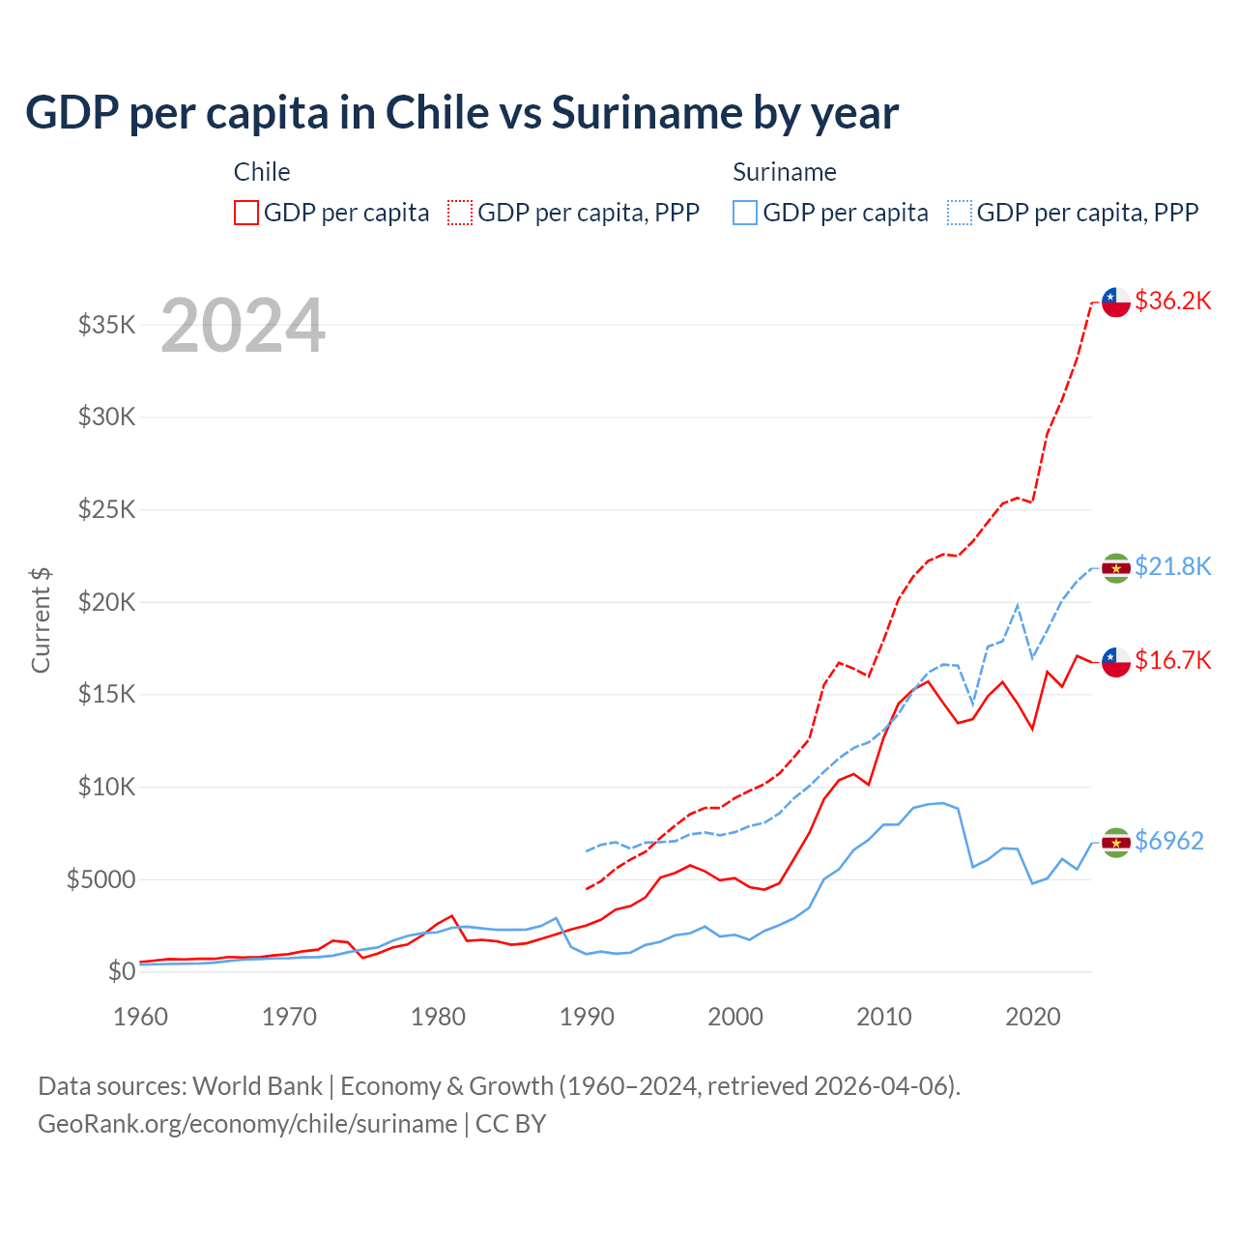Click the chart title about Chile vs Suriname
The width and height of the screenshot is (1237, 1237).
click(462, 113)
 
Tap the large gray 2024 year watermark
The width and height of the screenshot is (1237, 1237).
click(243, 326)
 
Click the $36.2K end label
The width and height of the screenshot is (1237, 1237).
click(1172, 301)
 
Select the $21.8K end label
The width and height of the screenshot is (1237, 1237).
click(1172, 566)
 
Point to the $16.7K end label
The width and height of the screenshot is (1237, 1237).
click(1172, 660)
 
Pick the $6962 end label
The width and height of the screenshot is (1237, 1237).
click(1168, 841)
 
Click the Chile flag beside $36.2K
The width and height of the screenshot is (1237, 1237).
click(1116, 302)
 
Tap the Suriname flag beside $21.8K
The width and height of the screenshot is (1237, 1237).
click(1116, 567)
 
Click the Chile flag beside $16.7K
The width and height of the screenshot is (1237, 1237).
click(1116, 662)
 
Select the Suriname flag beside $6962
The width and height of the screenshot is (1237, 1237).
click(1116, 843)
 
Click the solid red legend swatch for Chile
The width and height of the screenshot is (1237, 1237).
click(246, 213)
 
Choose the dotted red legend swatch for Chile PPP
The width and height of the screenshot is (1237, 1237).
click(460, 213)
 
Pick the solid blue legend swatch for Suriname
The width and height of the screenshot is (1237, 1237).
click(745, 213)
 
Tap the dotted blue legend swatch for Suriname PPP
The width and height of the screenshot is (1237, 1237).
click(960, 213)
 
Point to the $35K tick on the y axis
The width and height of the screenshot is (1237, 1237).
click(107, 325)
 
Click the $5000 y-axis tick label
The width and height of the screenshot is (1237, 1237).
click(101, 879)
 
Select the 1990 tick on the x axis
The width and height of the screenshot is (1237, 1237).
click(587, 1017)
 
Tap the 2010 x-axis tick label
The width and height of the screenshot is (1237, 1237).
click(884, 1017)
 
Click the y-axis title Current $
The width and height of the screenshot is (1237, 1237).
click(41, 619)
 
